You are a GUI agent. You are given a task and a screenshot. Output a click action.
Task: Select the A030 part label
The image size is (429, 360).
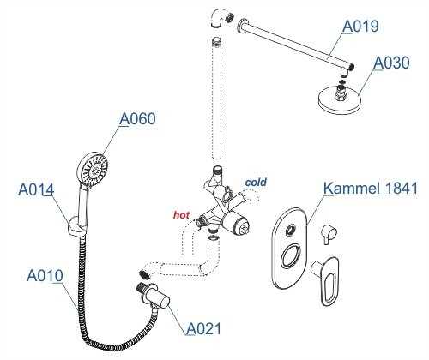(x=391, y=63)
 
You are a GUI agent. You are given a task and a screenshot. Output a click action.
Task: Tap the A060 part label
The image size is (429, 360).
(x=136, y=119)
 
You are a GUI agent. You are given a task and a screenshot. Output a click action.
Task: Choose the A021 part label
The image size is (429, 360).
(x=206, y=327)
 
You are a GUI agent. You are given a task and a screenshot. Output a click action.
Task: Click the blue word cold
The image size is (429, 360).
(x=257, y=182)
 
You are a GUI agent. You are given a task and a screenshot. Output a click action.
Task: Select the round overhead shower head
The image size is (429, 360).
(x=335, y=98)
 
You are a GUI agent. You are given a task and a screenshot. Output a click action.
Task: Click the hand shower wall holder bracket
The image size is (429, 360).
(x=74, y=227)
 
